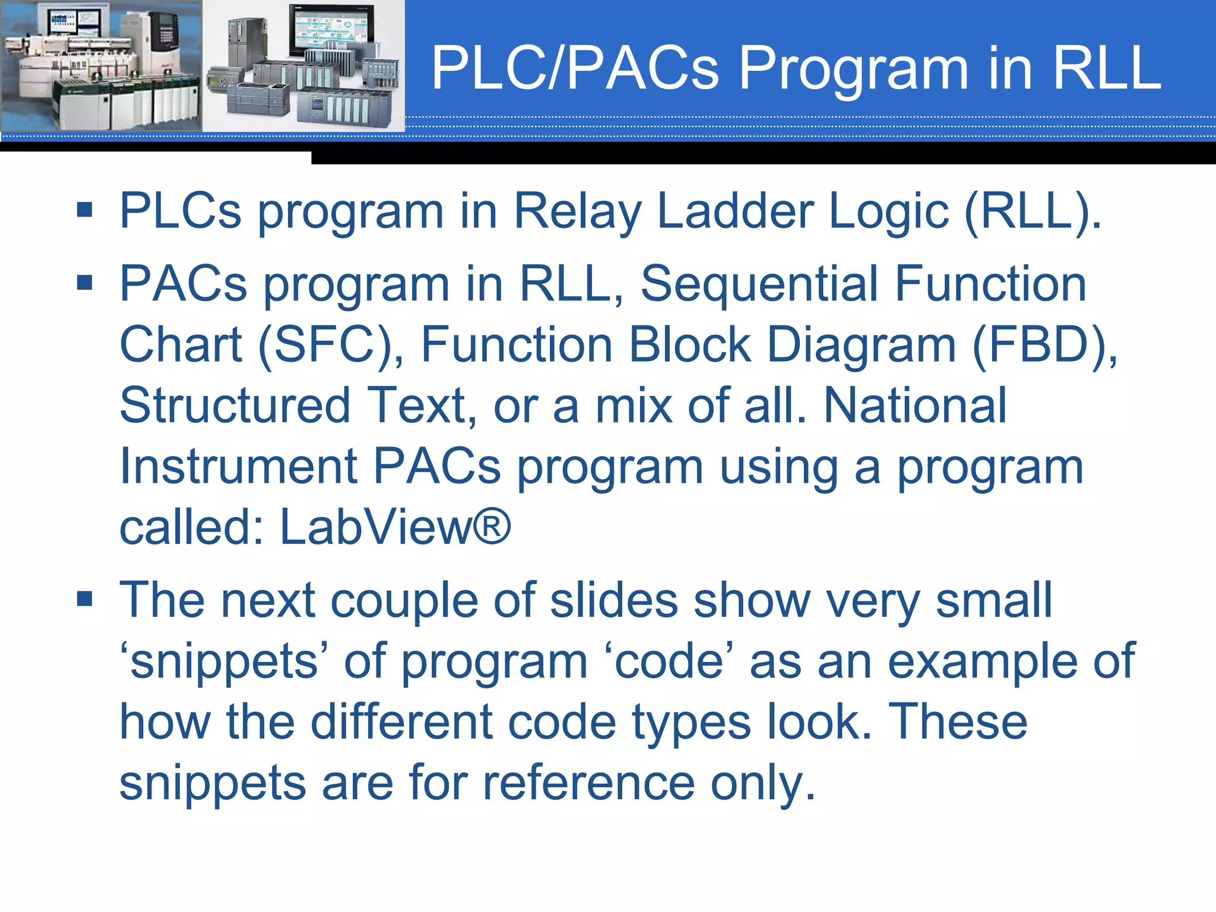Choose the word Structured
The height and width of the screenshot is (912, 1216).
pyautogui.click(x=235, y=406)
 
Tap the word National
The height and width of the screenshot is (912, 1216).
pyautogui.click(x=915, y=406)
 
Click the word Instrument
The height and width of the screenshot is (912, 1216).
pyautogui.click(x=238, y=467)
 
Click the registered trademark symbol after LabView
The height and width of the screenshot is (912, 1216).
pyautogui.click(x=492, y=525)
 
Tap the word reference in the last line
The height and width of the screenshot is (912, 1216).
pyautogui.click(x=588, y=783)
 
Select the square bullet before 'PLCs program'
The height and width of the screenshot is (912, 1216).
pyautogui.click(x=85, y=210)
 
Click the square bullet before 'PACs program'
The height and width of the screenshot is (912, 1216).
pyautogui.click(x=85, y=283)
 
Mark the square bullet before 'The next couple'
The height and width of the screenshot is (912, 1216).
pyautogui.click(x=85, y=599)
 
